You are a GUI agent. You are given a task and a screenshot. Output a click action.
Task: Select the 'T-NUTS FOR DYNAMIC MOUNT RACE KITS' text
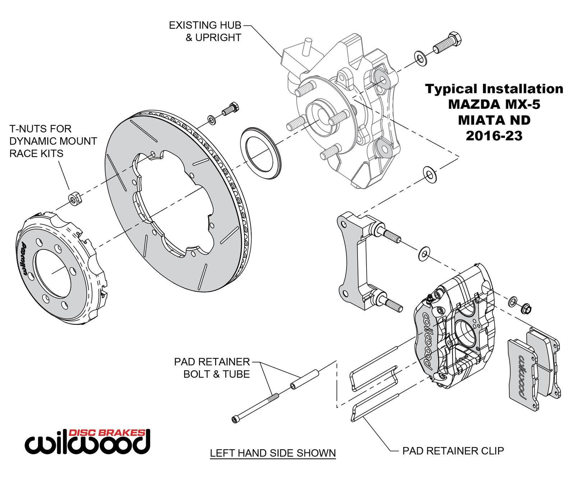pyautogui.click(x=53, y=141)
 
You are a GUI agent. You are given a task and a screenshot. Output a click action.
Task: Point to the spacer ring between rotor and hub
pyautogui.click(x=260, y=152)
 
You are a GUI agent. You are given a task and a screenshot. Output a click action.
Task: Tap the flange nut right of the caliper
pyautogui.click(x=526, y=308)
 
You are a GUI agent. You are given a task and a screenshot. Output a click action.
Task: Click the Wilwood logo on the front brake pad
pyautogui.click(x=523, y=378)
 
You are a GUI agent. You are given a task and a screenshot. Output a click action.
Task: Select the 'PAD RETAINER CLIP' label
pyautogui.click(x=453, y=450)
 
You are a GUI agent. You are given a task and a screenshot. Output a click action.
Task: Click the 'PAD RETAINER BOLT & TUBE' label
pyautogui.click(x=212, y=368)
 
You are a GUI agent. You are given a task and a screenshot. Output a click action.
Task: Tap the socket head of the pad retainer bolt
pyautogui.click(x=235, y=419)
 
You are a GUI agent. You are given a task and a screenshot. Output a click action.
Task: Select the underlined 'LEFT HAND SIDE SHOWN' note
pyautogui.click(x=273, y=453)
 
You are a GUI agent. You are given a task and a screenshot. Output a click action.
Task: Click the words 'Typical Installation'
pyautogui.click(x=494, y=88)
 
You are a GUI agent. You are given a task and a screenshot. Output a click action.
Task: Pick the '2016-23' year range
pyautogui.click(x=494, y=135)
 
